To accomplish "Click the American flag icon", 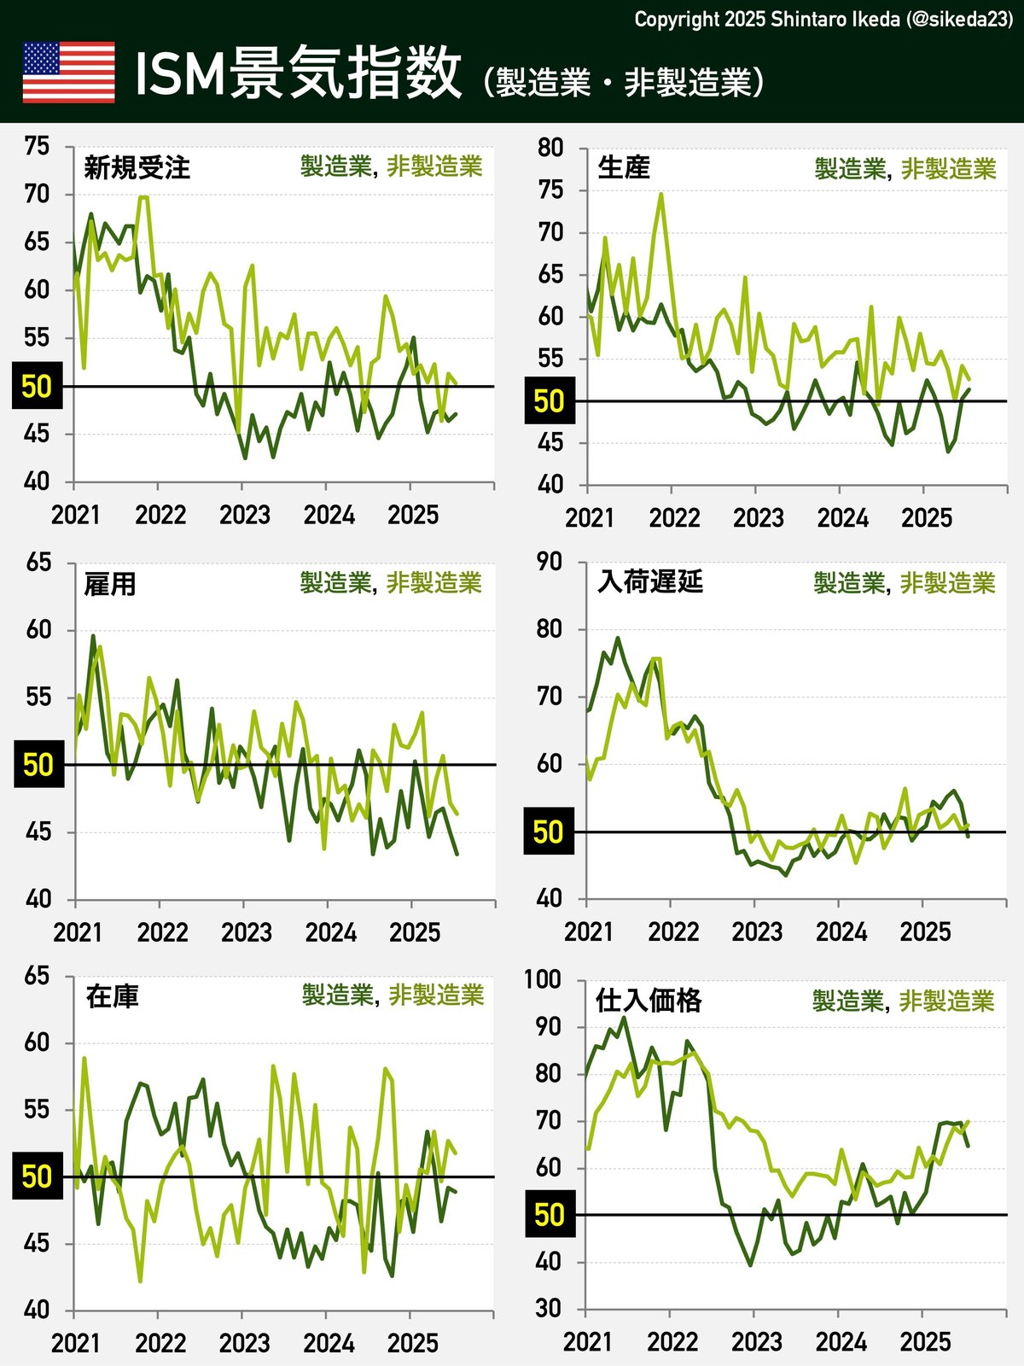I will (x=68, y=73).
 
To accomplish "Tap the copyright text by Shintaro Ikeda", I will (x=823, y=20).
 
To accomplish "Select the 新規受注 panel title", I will (x=137, y=167).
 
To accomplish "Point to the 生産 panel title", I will (x=624, y=167).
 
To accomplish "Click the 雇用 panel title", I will (x=110, y=584).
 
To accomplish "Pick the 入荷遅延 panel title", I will (x=650, y=581).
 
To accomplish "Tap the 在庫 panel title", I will (x=112, y=996).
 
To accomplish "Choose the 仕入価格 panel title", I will (x=649, y=1000).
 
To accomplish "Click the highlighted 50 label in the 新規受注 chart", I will (x=38, y=387).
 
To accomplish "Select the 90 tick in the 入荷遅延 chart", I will (x=550, y=562).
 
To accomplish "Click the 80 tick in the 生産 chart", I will (x=550, y=148).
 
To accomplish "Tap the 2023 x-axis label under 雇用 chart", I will (x=247, y=932).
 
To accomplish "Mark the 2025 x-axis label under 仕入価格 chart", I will (x=925, y=1342).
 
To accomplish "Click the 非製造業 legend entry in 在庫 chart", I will (x=436, y=995).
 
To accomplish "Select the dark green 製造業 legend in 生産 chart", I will (x=850, y=169).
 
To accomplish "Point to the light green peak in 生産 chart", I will (x=660, y=195).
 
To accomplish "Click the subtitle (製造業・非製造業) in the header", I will (x=623, y=83).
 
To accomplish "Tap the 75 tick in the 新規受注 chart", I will (x=38, y=146).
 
